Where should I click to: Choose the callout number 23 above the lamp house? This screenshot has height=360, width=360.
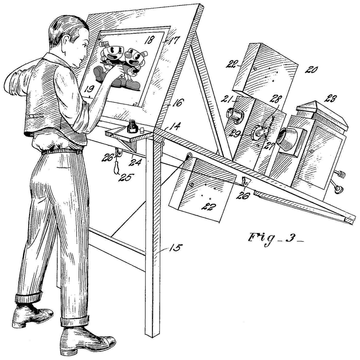pyautogui.click(x=330, y=99)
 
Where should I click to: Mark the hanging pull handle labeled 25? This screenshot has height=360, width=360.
pyautogui.click(x=116, y=167)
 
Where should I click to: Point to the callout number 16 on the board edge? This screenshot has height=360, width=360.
pyautogui.click(x=177, y=103)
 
